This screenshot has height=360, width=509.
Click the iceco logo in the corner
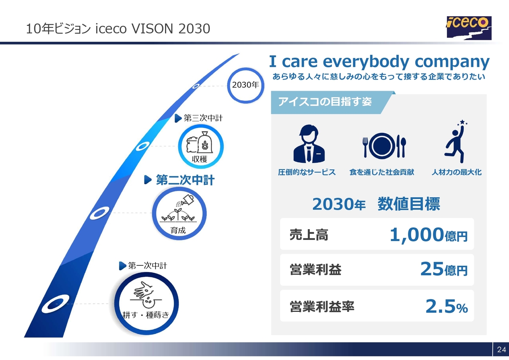469,28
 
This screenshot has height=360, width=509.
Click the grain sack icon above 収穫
200,142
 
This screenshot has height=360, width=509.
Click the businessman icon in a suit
309,144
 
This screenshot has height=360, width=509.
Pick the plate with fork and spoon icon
384,146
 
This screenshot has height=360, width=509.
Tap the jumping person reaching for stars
456,141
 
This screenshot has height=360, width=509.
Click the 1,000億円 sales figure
429,235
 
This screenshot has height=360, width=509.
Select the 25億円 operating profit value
444,269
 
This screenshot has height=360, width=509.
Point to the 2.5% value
447,306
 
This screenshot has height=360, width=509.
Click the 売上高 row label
309,235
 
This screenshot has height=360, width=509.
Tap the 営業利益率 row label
322,306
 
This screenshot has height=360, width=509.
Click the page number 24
501,349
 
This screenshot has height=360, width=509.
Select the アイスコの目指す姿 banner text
325,101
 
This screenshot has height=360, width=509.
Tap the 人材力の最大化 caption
457,172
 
